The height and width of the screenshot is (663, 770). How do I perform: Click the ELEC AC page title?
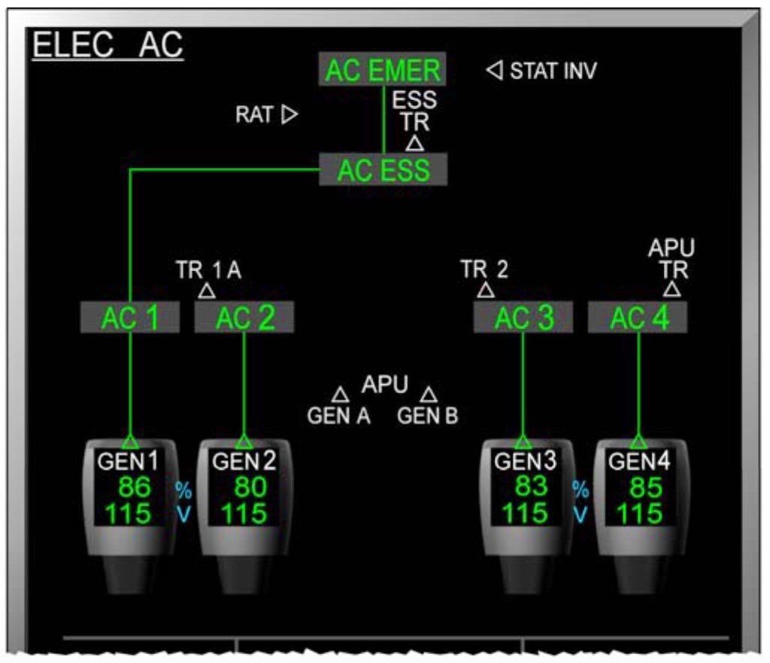(108, 46)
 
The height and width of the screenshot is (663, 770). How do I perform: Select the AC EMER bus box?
(383, 70)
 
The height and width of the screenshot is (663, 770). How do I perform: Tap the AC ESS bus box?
(383, 170)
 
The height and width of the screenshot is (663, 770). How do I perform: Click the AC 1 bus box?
(130, 318)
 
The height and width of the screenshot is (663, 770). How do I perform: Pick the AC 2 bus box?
(244, 318)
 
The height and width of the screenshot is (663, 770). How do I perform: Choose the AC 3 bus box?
(523, 318)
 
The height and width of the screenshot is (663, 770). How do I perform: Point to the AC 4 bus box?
(638, 318)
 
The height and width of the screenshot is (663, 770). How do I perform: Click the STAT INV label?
(553, 71)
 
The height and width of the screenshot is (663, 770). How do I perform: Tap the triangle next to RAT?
(290, 114)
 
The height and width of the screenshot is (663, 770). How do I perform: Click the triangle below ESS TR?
(414, 143)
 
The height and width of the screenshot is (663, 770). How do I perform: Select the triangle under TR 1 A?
(207, 290)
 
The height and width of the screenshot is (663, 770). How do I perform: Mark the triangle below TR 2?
(486, 290)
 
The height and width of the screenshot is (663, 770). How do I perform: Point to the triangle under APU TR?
(672, 290)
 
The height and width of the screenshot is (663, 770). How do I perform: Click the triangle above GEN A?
(341, 394)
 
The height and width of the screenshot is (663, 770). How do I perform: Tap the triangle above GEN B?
(429, 394)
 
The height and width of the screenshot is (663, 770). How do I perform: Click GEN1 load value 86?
(134, 488)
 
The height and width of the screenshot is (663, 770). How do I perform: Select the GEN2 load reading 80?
(249, 488)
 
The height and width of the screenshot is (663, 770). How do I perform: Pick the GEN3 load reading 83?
(531, 487)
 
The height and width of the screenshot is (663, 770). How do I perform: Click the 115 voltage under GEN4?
(640, 514)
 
